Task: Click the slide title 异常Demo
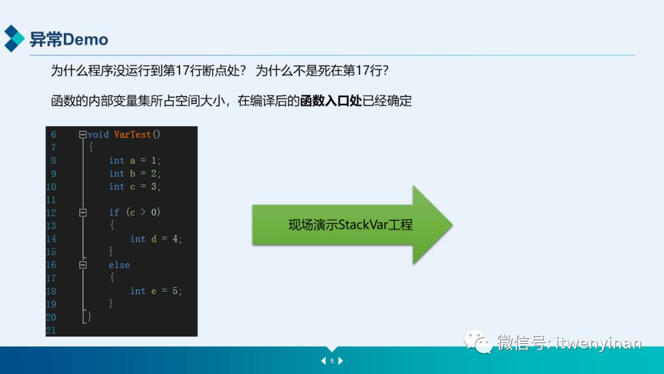(x=69, y=40)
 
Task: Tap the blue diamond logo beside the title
(x=14, y=38)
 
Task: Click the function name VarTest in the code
(x=132, y=134)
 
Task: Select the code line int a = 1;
(x=135, y=161)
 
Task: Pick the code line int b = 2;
(x=135, y=173)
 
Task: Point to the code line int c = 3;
(x=135, y=186)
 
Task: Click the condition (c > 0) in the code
(x=143, y=212)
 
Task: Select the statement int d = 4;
(x=156, y=239)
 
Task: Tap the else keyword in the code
(x=119, y=265)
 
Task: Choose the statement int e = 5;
(x=156, y=291)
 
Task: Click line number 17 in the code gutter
(x=50, y=278)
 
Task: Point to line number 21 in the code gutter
(x=50, y=330)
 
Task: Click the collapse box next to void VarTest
(x=83, y=134)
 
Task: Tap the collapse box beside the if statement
(x=83, y=212)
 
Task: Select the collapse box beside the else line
(x=83, y=265)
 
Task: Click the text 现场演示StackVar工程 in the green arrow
(x=350, y=225)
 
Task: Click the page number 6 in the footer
(x=332, y=361)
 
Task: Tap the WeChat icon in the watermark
(x=478, y=342)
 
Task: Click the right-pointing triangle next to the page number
(x=341, y=361)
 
